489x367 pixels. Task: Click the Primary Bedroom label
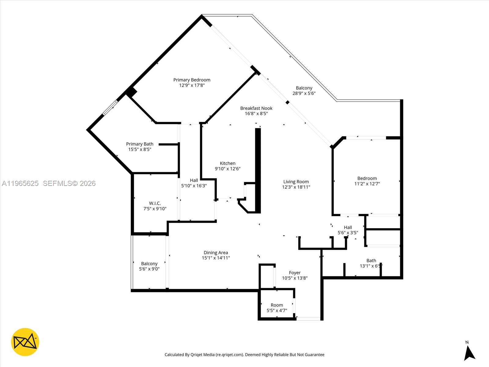point(192,80)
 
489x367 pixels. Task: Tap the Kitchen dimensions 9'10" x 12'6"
point(227,169)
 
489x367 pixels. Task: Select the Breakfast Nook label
point(256,108)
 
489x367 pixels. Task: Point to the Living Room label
point(296,182)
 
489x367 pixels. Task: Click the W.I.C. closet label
point(155,203)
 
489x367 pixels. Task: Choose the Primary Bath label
point(140,144)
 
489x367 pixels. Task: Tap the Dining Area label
point(216,253)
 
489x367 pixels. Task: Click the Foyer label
point(295,273)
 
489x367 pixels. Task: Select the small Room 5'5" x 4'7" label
point(277,305)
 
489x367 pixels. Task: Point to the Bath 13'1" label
point(371,261)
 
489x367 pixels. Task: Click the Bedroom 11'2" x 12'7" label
point(367,178)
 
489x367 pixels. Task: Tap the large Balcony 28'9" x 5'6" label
point(304,88)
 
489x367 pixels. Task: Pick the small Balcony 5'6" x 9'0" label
point(149,264)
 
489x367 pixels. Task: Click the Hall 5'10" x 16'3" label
point(194,180)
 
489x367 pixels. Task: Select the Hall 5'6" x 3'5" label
point(348,228)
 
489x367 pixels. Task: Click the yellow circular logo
point(25,342)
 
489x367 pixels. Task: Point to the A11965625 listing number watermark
point(20,183)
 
